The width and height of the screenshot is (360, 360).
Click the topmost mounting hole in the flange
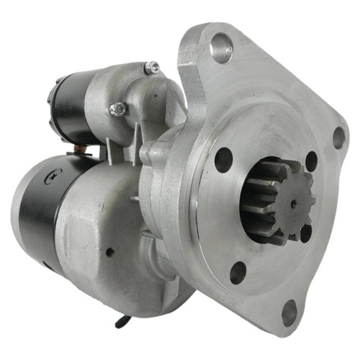(x=220, y=49)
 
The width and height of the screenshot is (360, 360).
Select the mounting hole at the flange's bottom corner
(x=289, y=311)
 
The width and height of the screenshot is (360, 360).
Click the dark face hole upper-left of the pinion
(x=224, y=159)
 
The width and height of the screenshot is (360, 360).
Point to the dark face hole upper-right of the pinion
(x=311, y=161)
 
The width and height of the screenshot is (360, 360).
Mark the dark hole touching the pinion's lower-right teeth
(x=305, y=233)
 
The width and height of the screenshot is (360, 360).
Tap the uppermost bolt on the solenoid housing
(x=152, y=68)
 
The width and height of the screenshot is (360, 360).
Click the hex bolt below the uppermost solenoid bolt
(x=118, y=109)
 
